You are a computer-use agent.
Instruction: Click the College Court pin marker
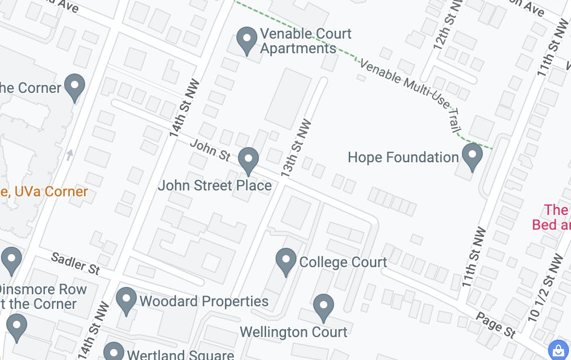[286, 260]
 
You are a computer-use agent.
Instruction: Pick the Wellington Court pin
[324, 306]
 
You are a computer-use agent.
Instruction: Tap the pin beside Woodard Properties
[126, 300]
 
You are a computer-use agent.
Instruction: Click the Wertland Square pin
[114, 352]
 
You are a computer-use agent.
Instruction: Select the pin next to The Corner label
[75, 87]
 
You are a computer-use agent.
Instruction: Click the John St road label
[210, 150]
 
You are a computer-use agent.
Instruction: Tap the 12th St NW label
[442, 26]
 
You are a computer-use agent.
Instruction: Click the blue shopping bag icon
[558, 350]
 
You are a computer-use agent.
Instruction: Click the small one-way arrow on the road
[69, 154]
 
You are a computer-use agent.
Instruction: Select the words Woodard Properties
[204, 301]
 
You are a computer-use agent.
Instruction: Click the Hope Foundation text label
[403, 157]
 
